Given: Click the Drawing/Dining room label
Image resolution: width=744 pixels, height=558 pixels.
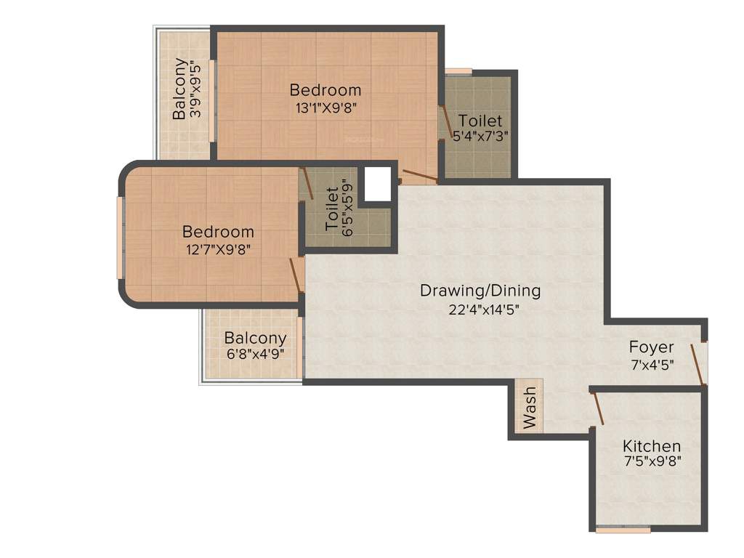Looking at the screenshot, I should (x=480, y=291).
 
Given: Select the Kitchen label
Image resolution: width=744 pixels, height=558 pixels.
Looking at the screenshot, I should (x=652, y=445).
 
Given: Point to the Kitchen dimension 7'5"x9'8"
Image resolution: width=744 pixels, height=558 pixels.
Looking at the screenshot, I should (x=652, y=461).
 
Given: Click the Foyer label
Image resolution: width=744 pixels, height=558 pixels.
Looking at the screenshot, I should (x=651, y=347).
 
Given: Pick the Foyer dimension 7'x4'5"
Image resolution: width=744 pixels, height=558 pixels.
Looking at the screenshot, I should (x=651, y=365).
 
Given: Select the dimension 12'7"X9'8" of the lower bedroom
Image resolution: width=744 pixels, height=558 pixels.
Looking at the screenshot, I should (x=218, y=249).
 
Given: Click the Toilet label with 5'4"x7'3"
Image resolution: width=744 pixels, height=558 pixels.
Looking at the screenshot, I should (x=480, y=120).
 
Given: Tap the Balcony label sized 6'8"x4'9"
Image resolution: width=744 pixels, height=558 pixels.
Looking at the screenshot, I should (x=254, y=339).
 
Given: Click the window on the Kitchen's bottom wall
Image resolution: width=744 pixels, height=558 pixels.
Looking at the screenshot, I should (x=612, y=530).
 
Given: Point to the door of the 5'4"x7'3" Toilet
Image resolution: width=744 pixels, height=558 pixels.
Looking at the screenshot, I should (x=444, y=121).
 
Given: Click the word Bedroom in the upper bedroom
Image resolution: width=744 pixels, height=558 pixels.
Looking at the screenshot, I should (x=325, y=90).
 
